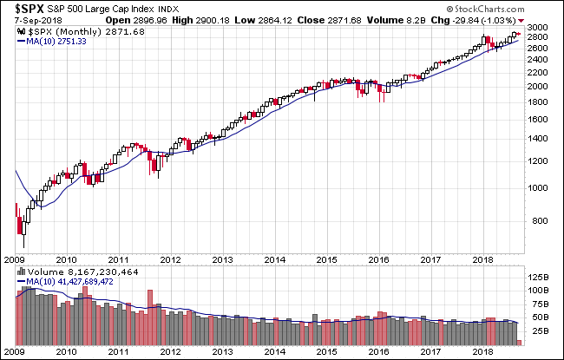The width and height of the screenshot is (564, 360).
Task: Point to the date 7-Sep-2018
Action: click(x=29, y=19)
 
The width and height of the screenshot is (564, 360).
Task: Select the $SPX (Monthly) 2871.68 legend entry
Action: click(x=62, y=30)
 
